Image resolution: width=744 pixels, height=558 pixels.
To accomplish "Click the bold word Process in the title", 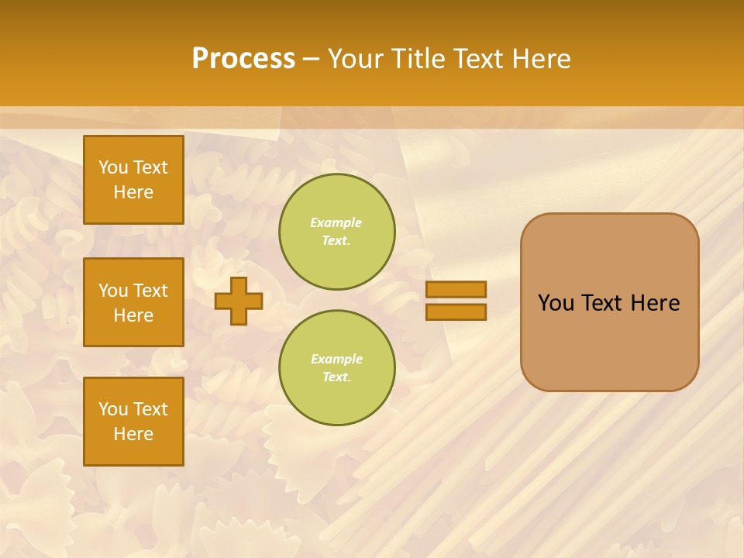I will tap(243, 59).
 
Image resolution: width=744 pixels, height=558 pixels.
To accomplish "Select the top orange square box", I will tap(133, 180).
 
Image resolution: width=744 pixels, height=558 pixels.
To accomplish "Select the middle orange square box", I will tap(133, 302).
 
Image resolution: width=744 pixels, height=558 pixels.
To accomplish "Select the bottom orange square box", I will tap(133, 422).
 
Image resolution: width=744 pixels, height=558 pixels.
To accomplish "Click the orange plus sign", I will tap(239, 301).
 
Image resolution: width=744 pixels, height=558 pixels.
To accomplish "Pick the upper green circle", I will tap(336, 232).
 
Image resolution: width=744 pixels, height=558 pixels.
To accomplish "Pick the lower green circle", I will tap(336, 368).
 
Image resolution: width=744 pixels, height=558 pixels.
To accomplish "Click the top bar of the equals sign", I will tap(456, 289).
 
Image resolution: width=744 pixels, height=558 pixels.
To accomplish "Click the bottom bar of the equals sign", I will tap(456, 312).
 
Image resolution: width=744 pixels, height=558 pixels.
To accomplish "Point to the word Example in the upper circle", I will tap(336, 222).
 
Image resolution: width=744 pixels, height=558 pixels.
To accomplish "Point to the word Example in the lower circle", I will tap(336, 359).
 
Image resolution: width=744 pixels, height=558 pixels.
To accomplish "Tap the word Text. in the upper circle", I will tap(336, 240).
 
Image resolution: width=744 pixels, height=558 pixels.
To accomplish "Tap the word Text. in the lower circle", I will tap(336, 377).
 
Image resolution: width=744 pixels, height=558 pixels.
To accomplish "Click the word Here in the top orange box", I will tap(133, 192).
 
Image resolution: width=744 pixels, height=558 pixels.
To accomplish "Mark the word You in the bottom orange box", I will tap(113, 409).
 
